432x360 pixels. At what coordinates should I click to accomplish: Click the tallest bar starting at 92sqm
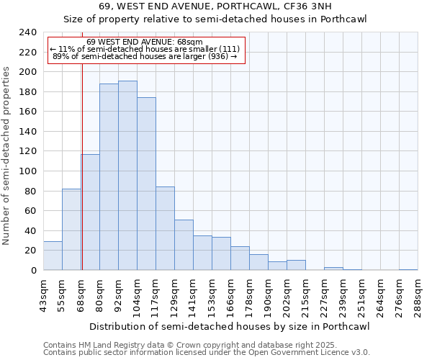coord(127,176)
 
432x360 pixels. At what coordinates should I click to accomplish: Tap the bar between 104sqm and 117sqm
coord(146,184)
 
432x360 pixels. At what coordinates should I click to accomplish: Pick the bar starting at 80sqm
coord(109,177)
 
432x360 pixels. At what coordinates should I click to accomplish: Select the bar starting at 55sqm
coord(71,229)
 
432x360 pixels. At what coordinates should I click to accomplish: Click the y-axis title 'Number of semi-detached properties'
coord(6,156)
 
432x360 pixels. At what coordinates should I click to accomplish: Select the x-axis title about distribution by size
coord(230,326)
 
